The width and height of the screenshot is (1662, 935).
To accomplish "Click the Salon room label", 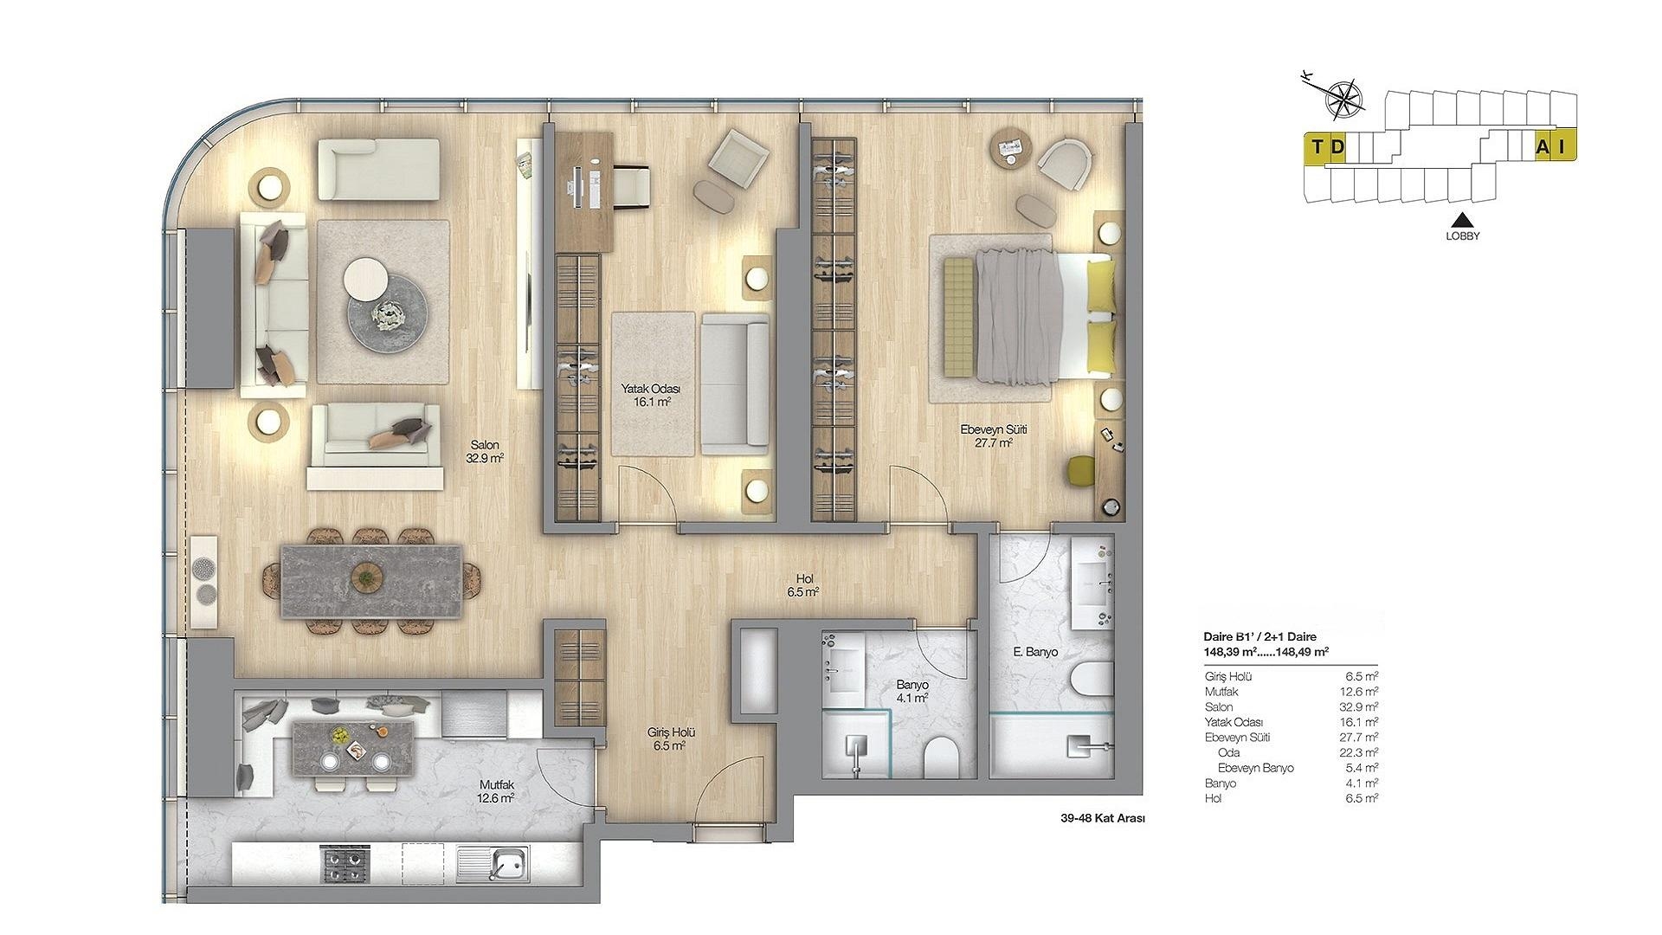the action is (x=484, y=445).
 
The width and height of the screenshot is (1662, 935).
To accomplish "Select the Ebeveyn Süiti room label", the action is (x=994, y=429).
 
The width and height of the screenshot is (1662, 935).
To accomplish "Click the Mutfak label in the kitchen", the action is (x=497, y=785).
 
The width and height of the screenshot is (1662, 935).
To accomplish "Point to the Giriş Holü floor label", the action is (x=672, y=732).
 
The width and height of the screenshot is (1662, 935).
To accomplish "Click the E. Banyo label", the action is (x=1035, y=652).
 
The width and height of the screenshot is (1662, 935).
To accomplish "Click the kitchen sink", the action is (x=503, y=862).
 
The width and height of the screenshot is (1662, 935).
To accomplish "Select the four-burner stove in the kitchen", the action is (x=345, y=863).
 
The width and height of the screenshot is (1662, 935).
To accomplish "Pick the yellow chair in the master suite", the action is (x=1081, y=470).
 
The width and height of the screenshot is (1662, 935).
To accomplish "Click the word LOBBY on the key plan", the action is (x=1463, y=235).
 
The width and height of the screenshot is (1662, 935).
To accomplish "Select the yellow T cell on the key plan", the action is (x=1317, y=147).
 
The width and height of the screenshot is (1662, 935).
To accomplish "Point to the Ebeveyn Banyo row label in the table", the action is (x=1255, y=768).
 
